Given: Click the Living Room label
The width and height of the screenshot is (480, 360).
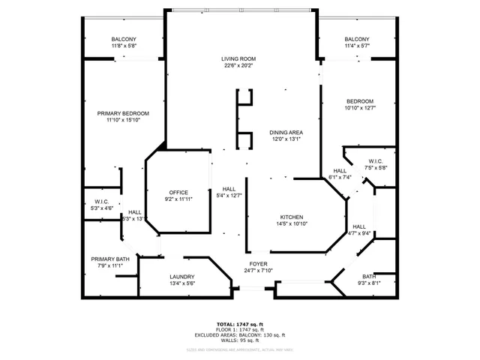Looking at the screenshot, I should point(238,58).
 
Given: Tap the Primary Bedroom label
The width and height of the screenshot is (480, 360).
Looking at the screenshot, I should point(123,113).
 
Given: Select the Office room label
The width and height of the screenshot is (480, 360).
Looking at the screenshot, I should point(178,192).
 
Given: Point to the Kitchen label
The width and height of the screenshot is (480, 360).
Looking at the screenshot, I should point(291,217).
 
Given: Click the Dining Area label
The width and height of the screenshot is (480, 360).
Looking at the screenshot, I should point(285,132).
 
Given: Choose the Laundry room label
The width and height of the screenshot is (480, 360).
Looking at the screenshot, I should point(181,277).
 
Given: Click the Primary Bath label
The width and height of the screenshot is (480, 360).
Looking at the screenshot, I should point(110,259).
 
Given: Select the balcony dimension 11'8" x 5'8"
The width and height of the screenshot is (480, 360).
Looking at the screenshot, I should point(124,46).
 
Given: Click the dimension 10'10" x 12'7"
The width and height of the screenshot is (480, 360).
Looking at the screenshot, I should point(359,107).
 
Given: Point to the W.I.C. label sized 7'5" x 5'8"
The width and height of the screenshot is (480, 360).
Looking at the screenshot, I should point(376,161).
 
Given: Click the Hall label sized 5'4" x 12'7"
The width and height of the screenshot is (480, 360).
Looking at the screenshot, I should point(229,189).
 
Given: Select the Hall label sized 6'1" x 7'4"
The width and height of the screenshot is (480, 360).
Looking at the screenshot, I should point(339,171).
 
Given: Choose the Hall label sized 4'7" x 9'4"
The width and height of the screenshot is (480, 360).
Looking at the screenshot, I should point(359,226).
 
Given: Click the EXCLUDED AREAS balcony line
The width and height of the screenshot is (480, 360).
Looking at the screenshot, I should point(239,334).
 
